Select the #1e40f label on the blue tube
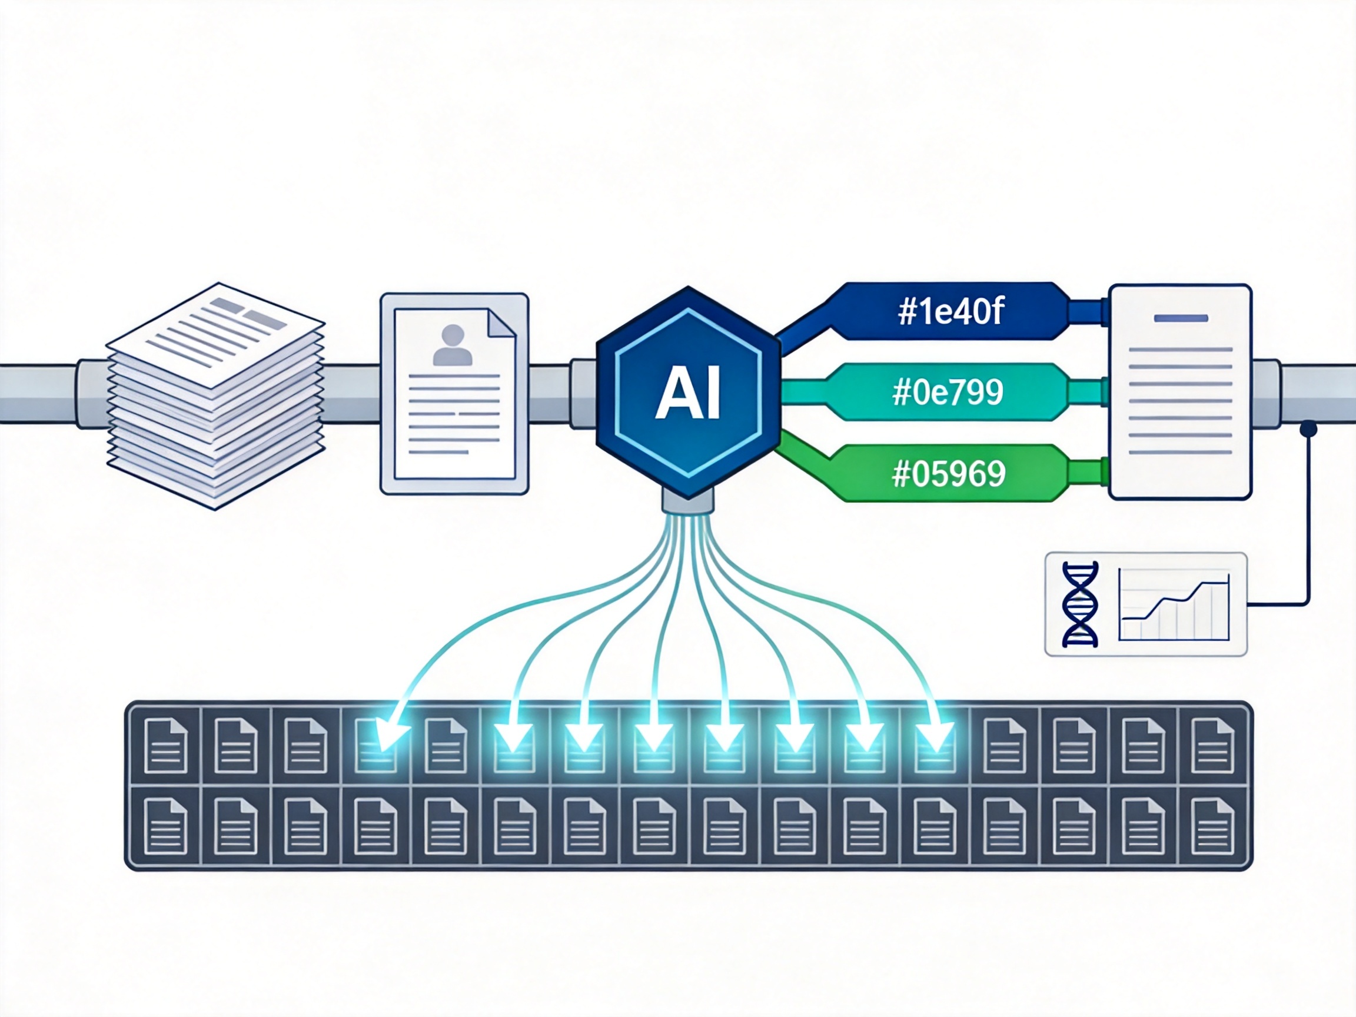[x=950, y=312]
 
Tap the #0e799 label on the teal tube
[x=948, y=393]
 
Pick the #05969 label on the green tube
[x=949, y=473]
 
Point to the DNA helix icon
[x=1080, y=604]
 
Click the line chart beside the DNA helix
[x=1174, y=604]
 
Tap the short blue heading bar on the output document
[x=1181, y=318]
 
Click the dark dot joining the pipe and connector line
[x=1308, y=428]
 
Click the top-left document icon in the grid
[x=165, y=746]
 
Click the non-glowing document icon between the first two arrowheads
[x=446, y=746]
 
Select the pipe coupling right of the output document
[x=1265, y=393]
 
